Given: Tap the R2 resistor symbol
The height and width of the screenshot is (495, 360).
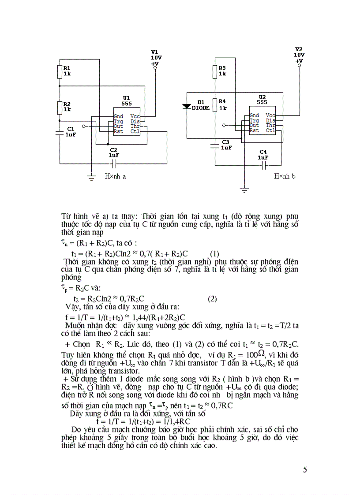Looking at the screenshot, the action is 60,107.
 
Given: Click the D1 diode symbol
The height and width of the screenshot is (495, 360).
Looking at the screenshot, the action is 187,107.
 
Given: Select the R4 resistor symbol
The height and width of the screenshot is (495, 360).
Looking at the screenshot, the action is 214,105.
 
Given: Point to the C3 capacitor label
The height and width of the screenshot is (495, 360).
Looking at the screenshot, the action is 225,142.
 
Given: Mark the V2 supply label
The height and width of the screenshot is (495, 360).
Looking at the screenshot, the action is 299,49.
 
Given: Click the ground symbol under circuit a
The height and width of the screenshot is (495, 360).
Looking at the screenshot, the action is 91,178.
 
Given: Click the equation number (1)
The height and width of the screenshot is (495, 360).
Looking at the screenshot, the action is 214,254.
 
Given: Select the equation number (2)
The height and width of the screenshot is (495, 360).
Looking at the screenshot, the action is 213,298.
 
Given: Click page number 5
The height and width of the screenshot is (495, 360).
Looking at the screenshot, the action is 305,469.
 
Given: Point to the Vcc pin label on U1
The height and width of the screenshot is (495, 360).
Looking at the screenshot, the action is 135,116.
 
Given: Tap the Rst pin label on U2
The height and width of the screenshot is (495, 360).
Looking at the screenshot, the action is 254,130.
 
